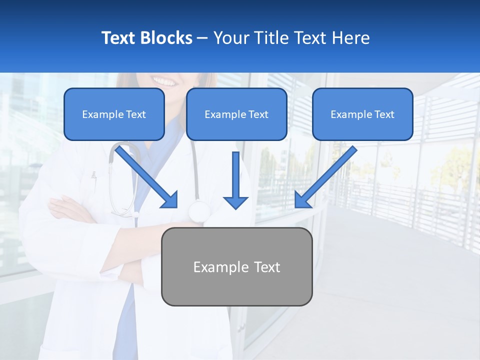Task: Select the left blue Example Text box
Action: (114, 114)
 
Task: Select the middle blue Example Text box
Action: (236, 114)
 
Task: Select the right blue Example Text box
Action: (362, 114)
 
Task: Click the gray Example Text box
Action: (236, 266)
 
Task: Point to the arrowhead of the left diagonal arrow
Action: (170, 200)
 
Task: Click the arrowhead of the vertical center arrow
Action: (235, 202)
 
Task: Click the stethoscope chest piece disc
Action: (198, 212)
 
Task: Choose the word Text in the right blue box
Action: (384, 114)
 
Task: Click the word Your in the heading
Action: (229, 38)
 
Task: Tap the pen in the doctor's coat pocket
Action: (93, 176)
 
